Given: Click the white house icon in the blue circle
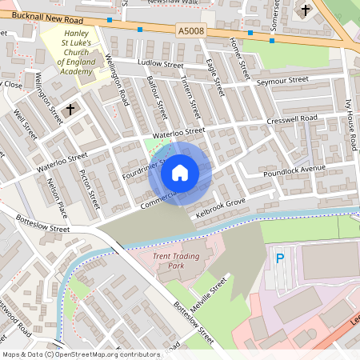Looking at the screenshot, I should coord(180,173).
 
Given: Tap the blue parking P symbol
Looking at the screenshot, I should coord(280,258).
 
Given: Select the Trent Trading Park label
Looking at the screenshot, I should coord(179,261).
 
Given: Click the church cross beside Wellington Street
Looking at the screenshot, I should coord(70,108).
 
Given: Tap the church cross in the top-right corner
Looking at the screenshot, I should coord(305,10).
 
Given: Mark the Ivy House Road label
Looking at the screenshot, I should coord(350,125).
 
